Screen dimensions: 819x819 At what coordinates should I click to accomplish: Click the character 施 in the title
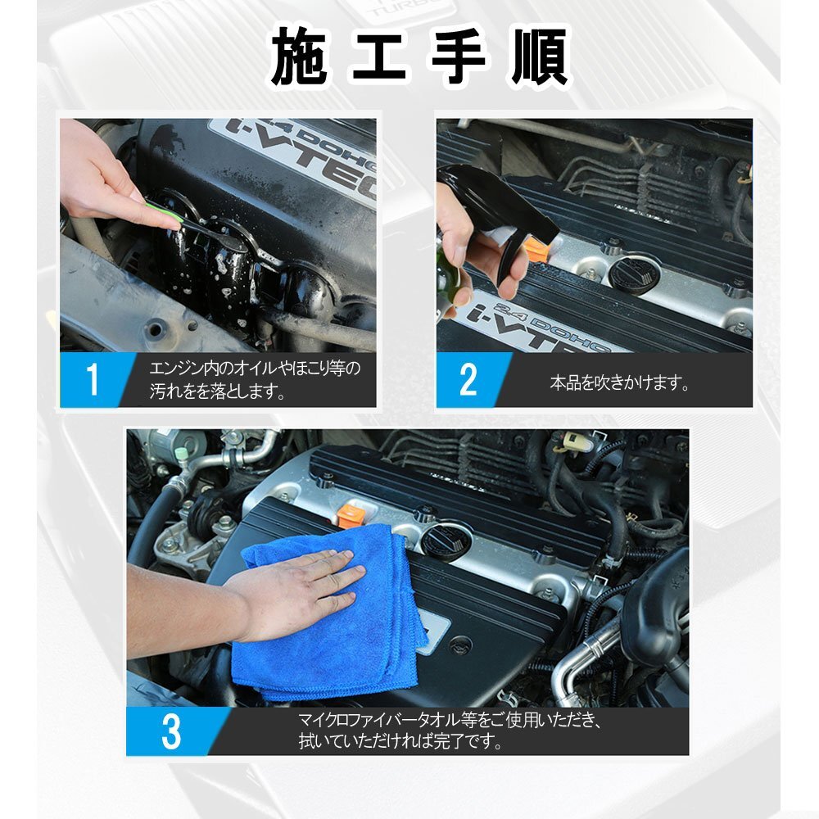(x=300, y=57)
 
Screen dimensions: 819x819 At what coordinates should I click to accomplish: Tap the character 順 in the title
(x=539, y=57)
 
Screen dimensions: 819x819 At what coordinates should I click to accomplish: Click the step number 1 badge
(x=93, y=380)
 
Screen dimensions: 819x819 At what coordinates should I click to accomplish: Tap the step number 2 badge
(x=468, y=380)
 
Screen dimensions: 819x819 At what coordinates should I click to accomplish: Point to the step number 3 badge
(x=171, y=731)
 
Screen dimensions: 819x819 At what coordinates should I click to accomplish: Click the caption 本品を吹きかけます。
(x=619, y=382)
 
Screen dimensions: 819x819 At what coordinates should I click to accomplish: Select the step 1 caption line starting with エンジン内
(x=255, y=369)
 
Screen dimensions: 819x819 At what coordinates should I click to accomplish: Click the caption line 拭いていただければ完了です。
(x=400, y=740)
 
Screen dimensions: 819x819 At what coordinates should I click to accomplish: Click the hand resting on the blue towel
(x=298, y=590)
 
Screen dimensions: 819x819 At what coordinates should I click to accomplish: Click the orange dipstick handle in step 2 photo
(x=536, y=249)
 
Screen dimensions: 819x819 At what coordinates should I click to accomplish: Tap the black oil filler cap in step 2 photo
(x=634, y=274)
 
